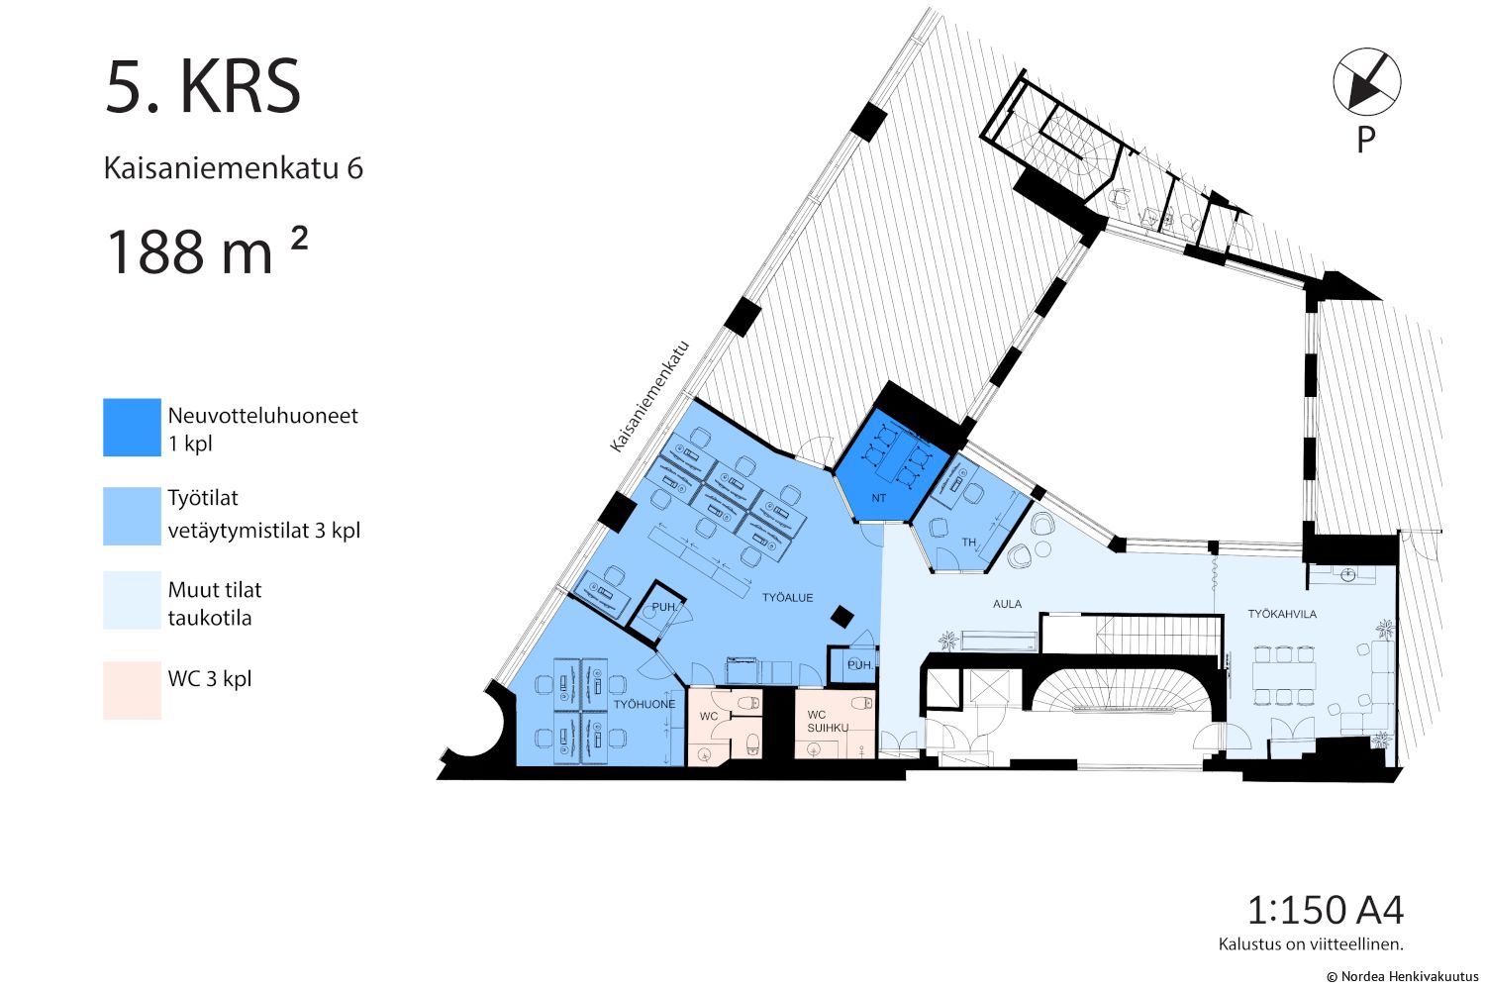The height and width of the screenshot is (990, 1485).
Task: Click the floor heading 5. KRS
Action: [203, 87]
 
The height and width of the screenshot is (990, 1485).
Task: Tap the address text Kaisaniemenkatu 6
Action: [234, 168]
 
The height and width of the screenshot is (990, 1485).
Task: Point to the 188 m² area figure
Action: [206, 250]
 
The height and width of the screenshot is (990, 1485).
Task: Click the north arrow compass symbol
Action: [1366, 81]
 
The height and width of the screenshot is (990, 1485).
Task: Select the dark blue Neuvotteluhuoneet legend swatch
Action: [132, 427]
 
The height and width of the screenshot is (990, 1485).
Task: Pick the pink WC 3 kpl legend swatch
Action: [132, 690]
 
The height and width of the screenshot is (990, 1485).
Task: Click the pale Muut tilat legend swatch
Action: [132, 600]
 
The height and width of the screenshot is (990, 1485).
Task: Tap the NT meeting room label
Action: [878, 498]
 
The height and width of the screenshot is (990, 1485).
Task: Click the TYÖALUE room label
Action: [787, 597]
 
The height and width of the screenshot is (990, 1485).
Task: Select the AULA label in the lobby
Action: [1007, 604]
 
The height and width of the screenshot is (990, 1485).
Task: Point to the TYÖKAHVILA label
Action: [1282, 614]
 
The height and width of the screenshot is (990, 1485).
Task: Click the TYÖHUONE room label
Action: [644, 704]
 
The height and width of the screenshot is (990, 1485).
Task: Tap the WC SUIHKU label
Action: [828, 721]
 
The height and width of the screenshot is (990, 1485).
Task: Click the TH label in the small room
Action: [969, 543]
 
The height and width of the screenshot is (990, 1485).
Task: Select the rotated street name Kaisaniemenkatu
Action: [649, 397]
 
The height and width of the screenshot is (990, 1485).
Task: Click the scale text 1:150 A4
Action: [1326, 910]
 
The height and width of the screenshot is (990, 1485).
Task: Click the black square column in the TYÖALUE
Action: [841, 617]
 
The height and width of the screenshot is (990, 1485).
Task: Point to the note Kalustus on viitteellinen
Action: [1311, 944]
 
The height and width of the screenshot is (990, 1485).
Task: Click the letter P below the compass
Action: [1365, 140]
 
